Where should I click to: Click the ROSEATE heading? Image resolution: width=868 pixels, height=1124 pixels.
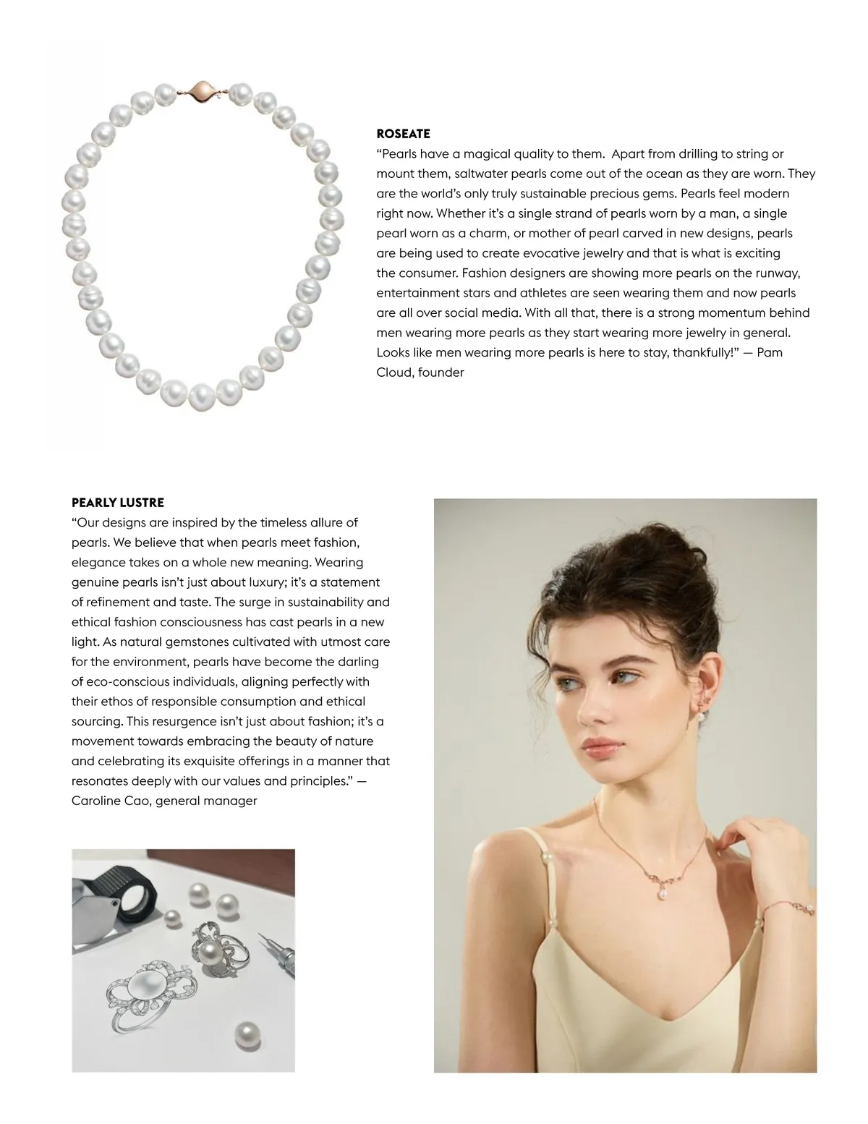tap(403, 134)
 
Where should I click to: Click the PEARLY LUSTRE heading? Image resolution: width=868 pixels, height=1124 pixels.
tap(118, 503)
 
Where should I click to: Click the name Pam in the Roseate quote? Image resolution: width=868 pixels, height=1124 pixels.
tap(769, 353)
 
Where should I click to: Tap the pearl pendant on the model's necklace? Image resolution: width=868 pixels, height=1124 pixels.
tap(661, 895)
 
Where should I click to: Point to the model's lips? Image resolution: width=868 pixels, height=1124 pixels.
tap(602, 747)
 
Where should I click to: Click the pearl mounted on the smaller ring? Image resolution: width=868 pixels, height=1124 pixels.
tap(210, 953)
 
